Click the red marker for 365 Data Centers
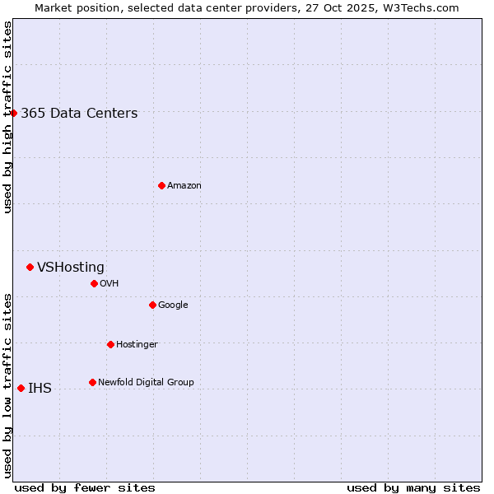(14, 113)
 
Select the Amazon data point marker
(161, 185)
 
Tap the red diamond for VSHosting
(30, 267)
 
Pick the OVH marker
(94, 283)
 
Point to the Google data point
(152, 305)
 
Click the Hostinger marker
(110, 344)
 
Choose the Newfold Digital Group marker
(92, 382)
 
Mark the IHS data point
(21, 388)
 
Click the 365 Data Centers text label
(79, 114)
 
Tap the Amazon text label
(184, 186)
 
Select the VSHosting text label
(71, 268)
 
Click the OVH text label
(110, 284)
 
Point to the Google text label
(173, 305)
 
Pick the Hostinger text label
(137, 345)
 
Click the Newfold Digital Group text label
(146, 383)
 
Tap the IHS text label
(40, 389)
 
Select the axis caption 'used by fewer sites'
(85, 487)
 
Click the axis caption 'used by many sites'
(413, 487)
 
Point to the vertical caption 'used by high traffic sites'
(7, 118)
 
